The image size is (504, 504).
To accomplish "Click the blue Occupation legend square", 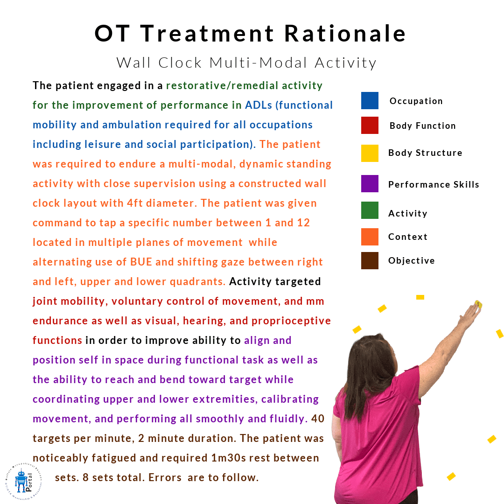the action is (x=370, y=101).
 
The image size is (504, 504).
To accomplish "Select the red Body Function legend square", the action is (x=370, y=126).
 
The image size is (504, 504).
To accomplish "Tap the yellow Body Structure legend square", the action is (x=370, y=153).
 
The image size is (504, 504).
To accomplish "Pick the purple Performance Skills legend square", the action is (x=370, y=183).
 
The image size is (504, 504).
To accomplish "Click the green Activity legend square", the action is (x=370, y=210).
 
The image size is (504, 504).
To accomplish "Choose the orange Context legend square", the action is (x=370, y=237).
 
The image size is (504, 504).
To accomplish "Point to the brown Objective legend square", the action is (x=370, y=260).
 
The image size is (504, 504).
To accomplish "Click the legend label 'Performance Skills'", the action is (x=434, y=184).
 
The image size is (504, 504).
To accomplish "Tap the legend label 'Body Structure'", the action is (x=425, y=153).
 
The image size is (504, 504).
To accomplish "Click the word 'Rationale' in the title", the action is (x=345, y=34).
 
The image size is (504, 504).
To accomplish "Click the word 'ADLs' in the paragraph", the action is (x=259, y=105).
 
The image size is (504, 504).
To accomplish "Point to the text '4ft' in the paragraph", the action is (x=135, y=203).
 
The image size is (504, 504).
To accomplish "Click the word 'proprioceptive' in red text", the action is (x=291, y=321).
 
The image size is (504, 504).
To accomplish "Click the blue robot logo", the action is (x=21, y=481).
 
